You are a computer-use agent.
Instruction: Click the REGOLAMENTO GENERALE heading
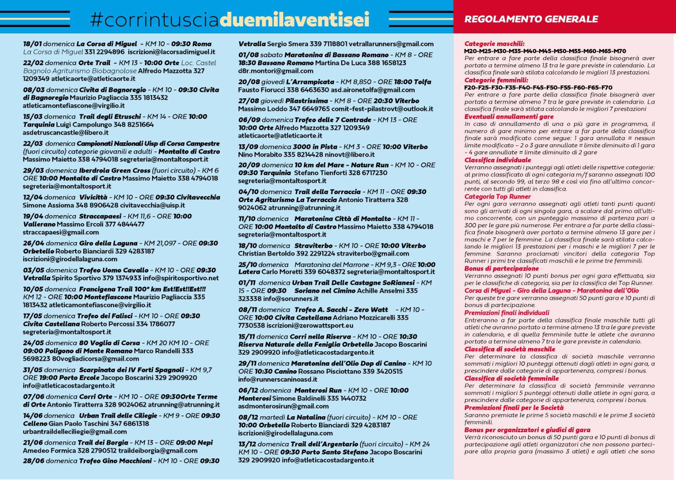[531, 19]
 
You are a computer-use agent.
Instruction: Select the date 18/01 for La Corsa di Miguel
[33, 44]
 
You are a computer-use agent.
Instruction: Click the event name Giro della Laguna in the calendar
[108, 243]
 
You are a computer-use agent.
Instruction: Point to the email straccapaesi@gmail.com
[61, 232]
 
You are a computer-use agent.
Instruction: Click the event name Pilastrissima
[306, 101]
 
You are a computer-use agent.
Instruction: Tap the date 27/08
[248, 101]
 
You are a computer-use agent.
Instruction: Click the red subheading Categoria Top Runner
[497, 196]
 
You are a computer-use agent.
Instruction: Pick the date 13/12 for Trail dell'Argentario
[248, 444]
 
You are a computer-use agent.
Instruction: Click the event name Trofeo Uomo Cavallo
[114, 270]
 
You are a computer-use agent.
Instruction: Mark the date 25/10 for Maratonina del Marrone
[248, 265]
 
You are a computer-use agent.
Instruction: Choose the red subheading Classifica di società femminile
[511, 378]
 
